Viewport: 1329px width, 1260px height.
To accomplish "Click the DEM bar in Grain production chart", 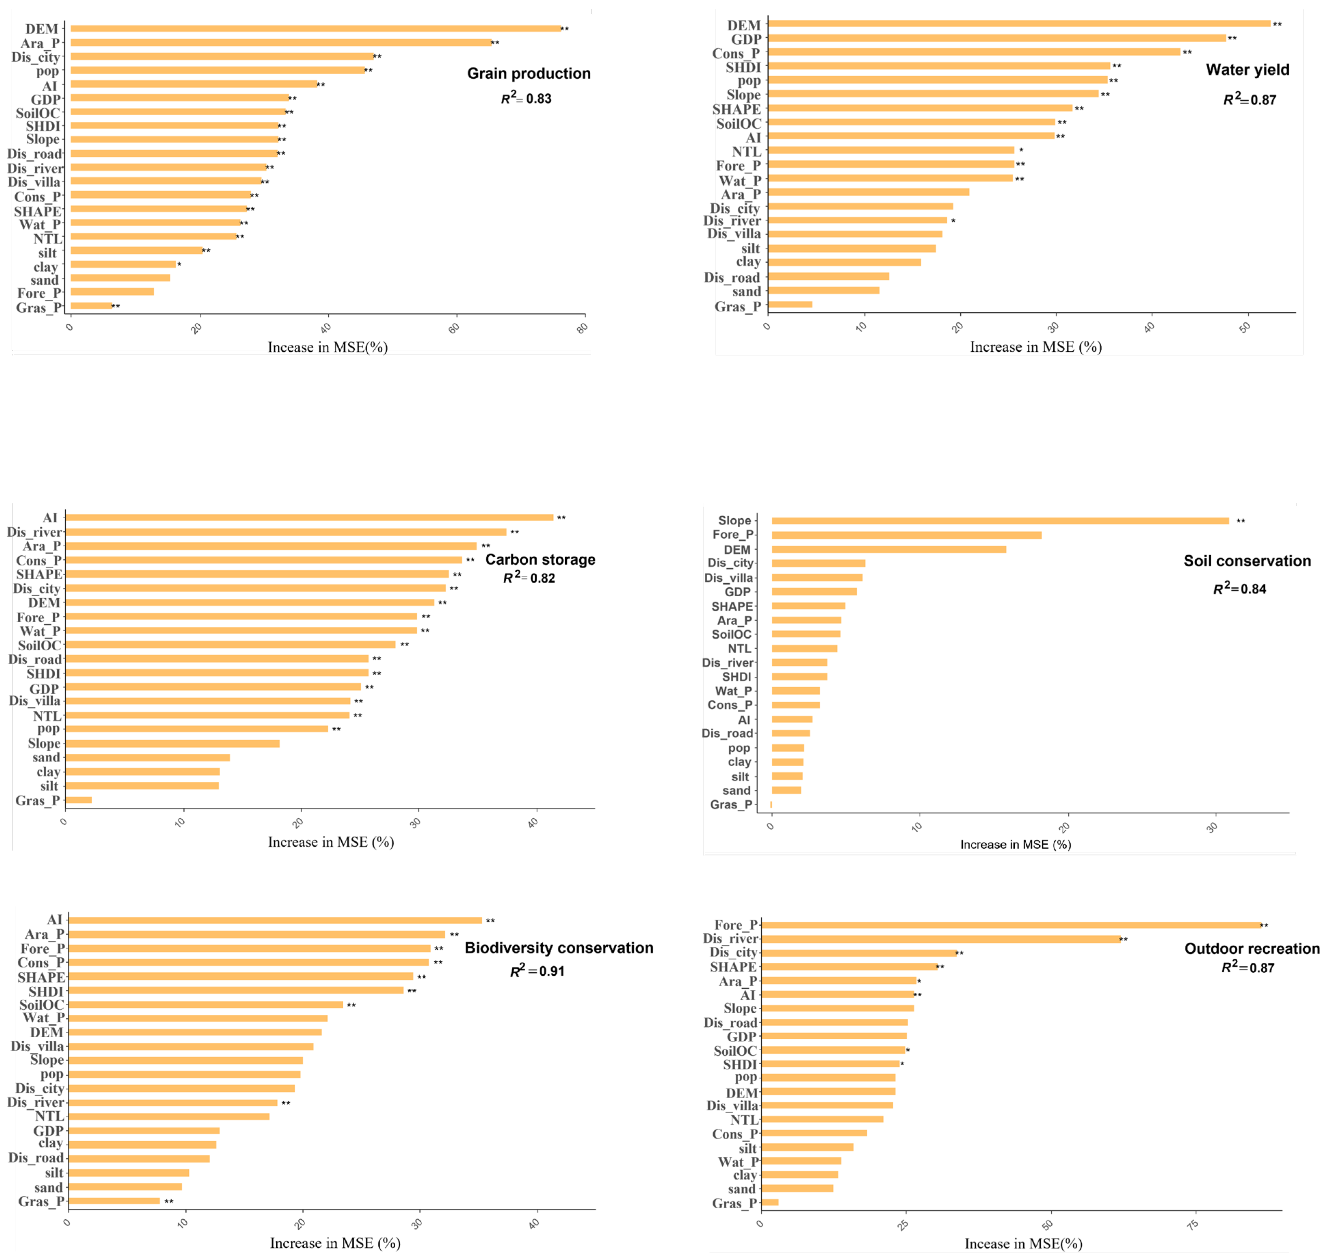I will click(x=316, y=28).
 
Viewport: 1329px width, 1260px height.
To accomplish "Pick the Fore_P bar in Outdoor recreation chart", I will click(x=1011, y=925).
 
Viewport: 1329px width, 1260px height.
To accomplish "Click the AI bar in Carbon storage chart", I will click(x=309, y=517).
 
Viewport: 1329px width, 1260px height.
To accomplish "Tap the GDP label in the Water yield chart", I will click(x=746, y=39).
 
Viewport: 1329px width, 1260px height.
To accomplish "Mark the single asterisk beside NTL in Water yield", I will click(x=1021, y=151).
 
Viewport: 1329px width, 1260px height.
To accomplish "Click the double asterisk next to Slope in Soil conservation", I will click(x=1240, y=521).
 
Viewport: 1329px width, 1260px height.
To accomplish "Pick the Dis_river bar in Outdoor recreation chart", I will click(x=940, y=939).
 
